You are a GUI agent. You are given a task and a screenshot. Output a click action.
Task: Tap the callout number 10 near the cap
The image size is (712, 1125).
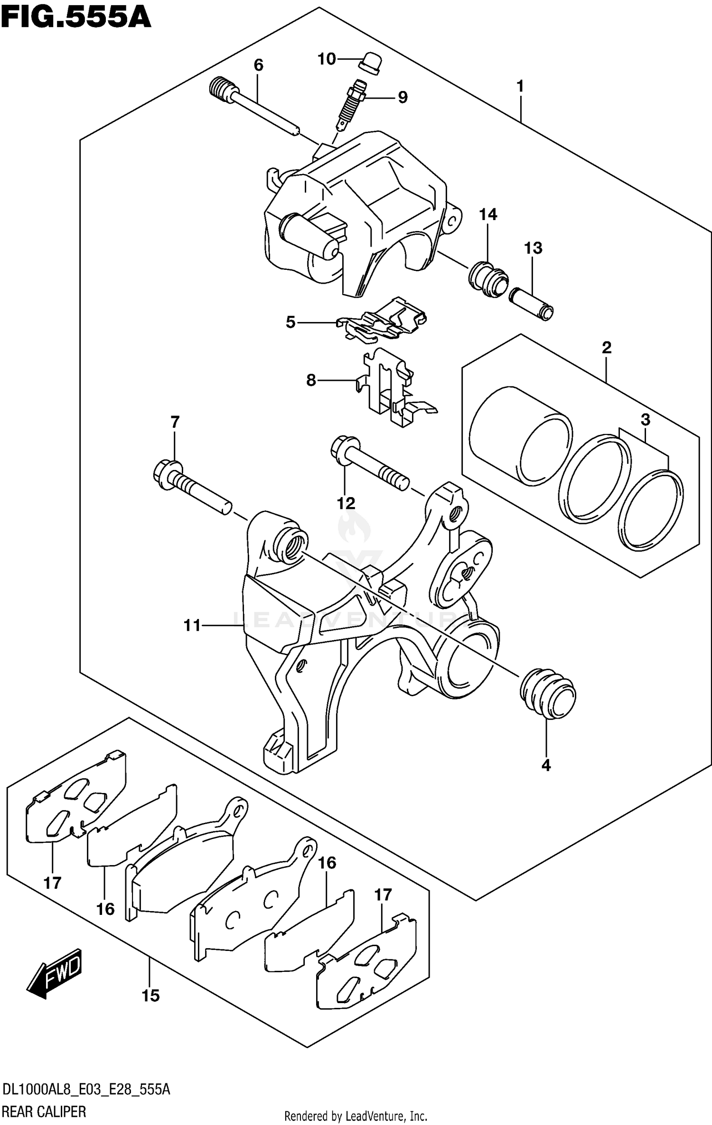(x=327, y=59)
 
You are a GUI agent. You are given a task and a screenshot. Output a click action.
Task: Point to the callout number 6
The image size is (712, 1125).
(x=258, y=65)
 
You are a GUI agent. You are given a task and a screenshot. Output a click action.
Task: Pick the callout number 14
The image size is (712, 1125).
(x=487, y=215)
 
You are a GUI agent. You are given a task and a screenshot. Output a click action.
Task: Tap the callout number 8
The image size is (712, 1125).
(x=311, y=380)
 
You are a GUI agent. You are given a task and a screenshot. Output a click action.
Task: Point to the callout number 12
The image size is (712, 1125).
(x=346, y=503)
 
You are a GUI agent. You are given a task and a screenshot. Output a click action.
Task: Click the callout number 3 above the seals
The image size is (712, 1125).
(x=645, y=420)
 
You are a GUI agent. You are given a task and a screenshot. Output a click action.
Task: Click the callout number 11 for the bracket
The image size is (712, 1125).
(x=192, y=626)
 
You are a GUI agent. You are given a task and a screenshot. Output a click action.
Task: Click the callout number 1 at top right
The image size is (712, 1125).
(x=520, y=86)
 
